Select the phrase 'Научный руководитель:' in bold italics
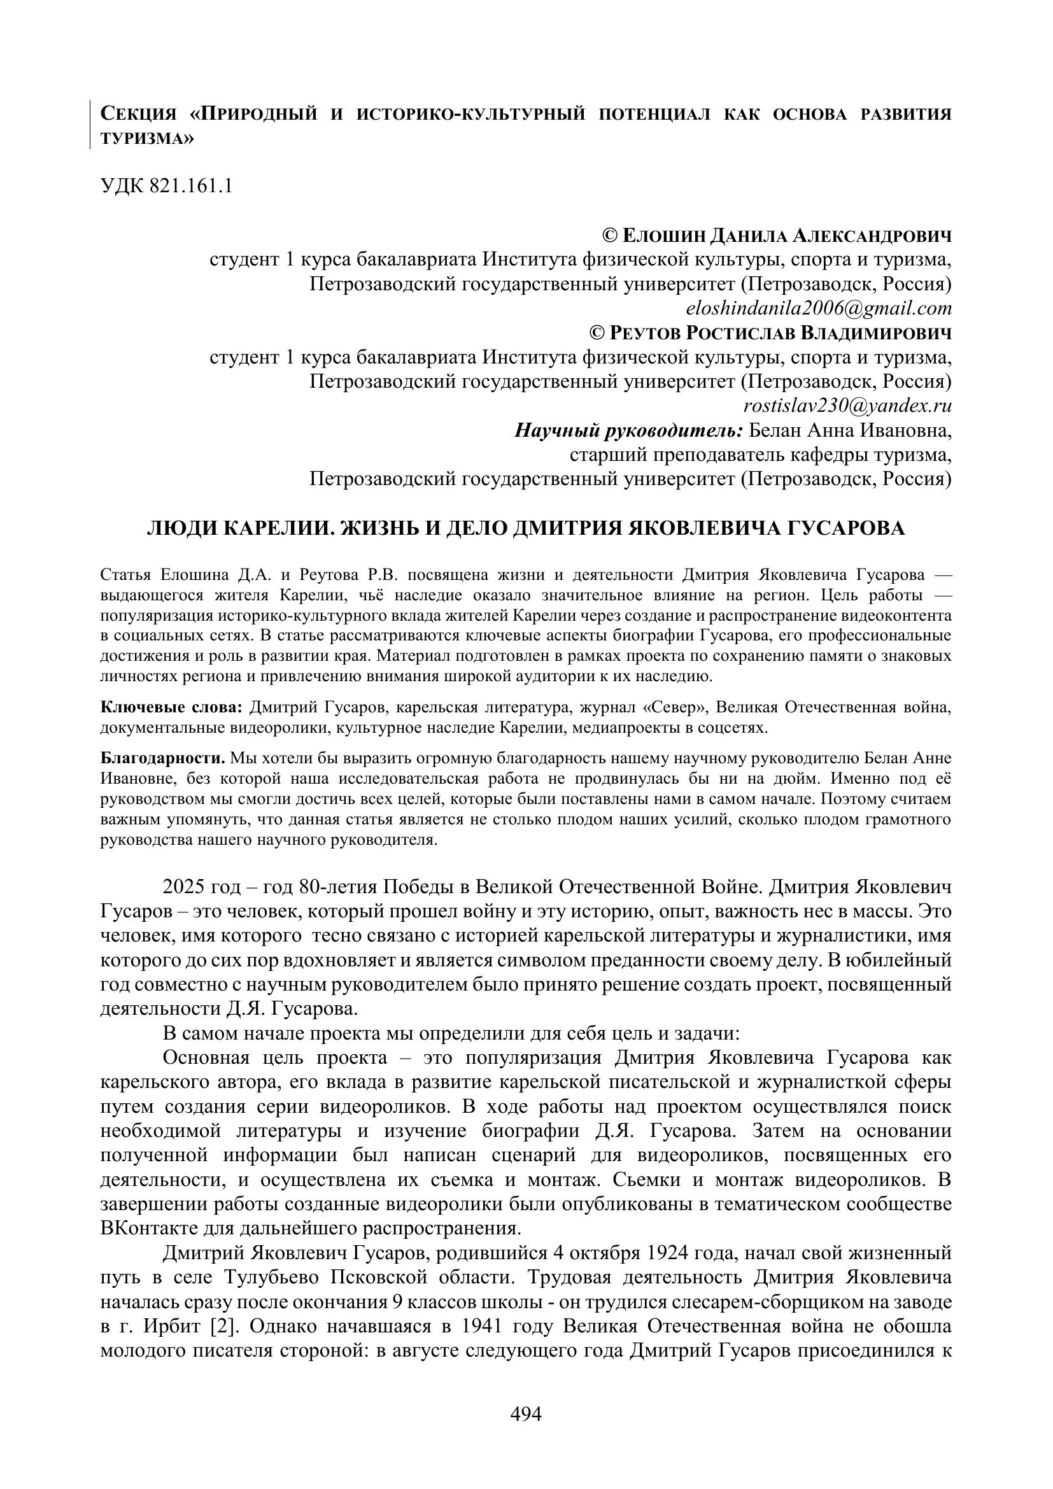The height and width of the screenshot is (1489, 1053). pos(628,430)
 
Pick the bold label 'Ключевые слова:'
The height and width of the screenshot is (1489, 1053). pos(172,707)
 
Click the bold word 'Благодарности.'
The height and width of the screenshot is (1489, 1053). pos(163,758)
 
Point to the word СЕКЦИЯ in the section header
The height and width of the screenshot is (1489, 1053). pos(139,115)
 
